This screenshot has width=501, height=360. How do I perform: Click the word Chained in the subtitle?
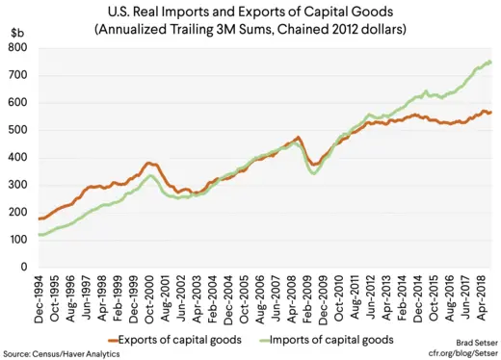point(298,30)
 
